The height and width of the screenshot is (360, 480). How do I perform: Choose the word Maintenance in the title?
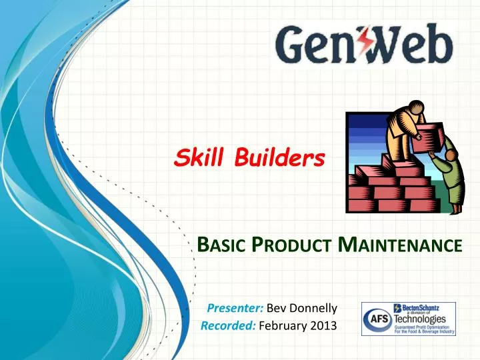coord(401,245)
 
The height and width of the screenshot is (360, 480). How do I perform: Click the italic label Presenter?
coord(236,308)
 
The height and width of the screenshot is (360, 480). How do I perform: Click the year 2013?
coord(325,325)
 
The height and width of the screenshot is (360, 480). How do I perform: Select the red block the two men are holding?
coord(427,138)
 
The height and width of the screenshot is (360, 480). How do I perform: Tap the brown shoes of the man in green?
coord(457,210)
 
